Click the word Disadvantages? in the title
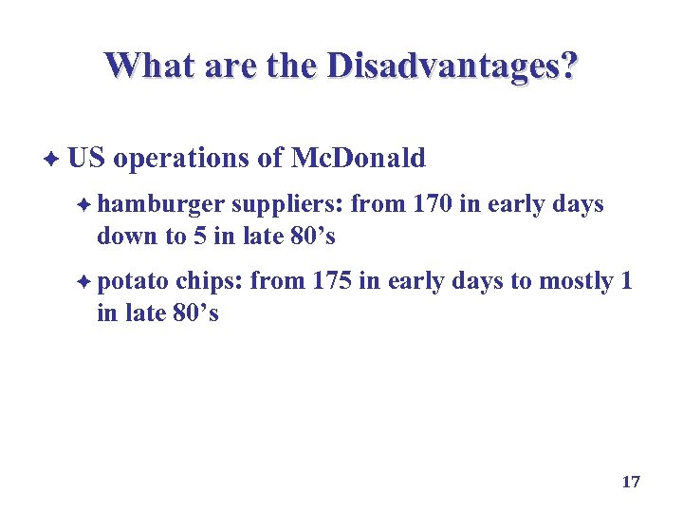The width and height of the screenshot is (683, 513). [452, 66]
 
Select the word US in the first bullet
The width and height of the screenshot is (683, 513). [86, 159]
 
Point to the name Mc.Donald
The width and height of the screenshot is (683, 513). [358, 159]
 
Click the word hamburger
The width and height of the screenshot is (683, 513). [161, 205]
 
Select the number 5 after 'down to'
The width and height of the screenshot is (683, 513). [201, 236]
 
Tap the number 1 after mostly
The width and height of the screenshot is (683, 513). [625, 282]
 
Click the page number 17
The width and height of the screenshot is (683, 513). [631, 483]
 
